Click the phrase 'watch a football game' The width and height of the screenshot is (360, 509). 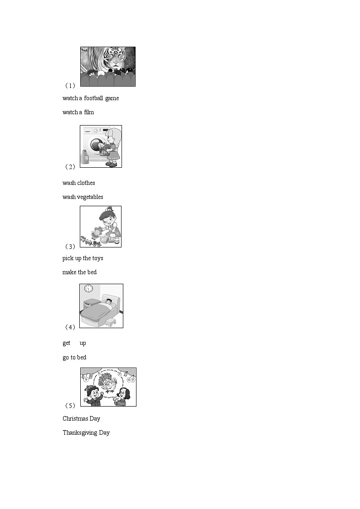(x=91, y=98)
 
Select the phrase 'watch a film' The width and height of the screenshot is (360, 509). (x=78, y=112)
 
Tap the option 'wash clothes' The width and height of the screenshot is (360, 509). (x=79, y=183)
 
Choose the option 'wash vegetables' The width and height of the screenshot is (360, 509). (x=83, y=197)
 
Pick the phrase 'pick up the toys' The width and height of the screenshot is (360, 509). (x=83, y=258)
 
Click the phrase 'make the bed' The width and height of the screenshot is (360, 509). (x=79, y=272)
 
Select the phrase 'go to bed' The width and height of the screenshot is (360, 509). (x=74, y=358)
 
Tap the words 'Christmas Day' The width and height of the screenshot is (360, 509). (x=81, y=419)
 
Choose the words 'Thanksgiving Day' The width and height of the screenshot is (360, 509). (x=86, y=433)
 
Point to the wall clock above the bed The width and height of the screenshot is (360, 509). (x=88, y=289)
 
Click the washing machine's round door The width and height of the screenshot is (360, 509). (x=97, y=145)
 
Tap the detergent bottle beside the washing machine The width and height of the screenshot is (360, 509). (x=84, y=157)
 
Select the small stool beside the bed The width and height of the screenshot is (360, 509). (x=111, y=321)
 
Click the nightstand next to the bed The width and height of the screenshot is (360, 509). (x=92, y=304)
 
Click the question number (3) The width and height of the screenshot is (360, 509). (x=70, y=247)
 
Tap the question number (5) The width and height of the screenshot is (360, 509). (x=70, y=406)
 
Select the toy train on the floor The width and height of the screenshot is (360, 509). (x=90, y=242)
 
